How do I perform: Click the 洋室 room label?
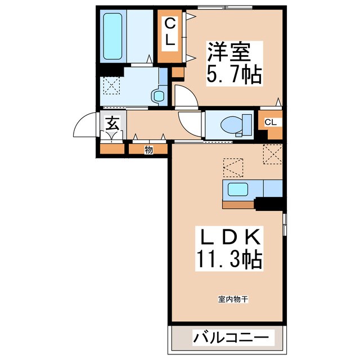click(x=230, y=51)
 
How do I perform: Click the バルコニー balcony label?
click(x=231, y=339)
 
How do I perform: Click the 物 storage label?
click(x=148, y=150)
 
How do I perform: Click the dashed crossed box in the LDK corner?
click(x=272, y=154)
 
